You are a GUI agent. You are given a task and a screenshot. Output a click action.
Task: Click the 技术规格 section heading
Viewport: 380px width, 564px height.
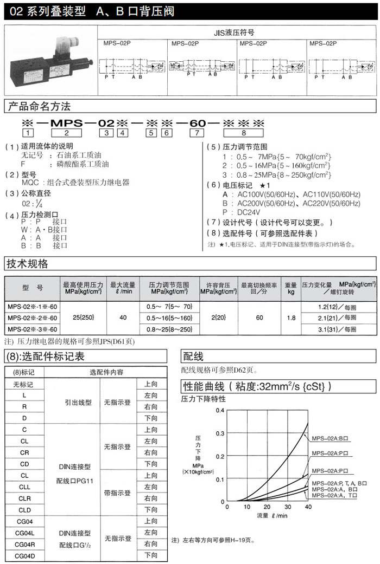coord(27,264)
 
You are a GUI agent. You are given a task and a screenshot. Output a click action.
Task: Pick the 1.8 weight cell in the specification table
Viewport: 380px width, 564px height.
coord(291,317)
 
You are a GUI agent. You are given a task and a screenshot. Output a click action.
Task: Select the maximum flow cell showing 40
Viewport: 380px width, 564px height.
coord(123,317)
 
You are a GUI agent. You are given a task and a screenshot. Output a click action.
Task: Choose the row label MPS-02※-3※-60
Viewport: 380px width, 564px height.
coord(33,329)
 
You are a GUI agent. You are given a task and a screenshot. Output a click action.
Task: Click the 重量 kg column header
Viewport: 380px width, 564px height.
coord(291,288)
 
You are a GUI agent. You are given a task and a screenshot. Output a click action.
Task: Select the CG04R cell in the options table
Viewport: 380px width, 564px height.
coord(25,544)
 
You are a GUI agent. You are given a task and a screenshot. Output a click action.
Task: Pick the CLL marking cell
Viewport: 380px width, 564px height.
coord(25,487)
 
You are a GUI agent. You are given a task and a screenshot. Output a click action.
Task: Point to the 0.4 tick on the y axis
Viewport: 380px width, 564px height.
coord(219,410)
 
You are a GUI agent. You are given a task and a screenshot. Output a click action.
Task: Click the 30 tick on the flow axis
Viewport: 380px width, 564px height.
coord(288,507)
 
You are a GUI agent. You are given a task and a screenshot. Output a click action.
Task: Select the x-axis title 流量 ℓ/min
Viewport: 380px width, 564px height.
coord(273,515)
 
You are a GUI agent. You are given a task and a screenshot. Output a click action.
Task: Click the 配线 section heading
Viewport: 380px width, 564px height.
coord(193,356)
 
